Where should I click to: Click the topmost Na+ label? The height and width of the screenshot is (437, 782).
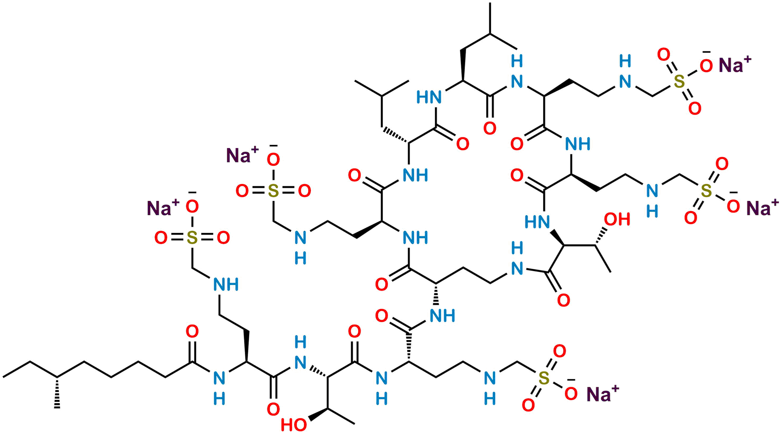pyautogui.click(x=734, y=65)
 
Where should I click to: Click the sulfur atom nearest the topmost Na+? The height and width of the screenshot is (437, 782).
pyautogui.click(x=679, y=81)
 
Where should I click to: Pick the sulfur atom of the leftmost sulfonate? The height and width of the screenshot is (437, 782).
pyautogui.click(x=192, y=238)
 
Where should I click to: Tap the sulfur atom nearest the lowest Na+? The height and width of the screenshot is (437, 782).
pyautogui.click(x=544, y=378)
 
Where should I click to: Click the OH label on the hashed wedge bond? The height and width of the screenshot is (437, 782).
pyautogui.click(x=617, y=219)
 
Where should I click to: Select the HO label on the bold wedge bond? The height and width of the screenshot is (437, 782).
pyautogui.click(x=293, y=425)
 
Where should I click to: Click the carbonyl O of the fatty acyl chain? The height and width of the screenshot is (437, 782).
pyautogui.click(x=192, y=331)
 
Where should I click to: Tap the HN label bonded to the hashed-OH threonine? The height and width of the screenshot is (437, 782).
pyautogui.click(x=538, y=221)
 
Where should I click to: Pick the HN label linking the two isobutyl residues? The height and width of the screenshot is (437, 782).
pyautogui.click(x=429, y=97)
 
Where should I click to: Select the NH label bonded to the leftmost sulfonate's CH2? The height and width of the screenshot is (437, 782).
pyautogui.click(x=226, y=284)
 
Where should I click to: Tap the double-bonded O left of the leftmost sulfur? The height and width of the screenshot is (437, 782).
pyautogui.click(x=161, y=238)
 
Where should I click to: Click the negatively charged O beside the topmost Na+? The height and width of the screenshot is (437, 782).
pyautogui.click(x=706, y=65)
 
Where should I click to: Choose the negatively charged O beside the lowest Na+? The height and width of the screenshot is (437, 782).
pyautogui.click(x=570, y=393)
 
